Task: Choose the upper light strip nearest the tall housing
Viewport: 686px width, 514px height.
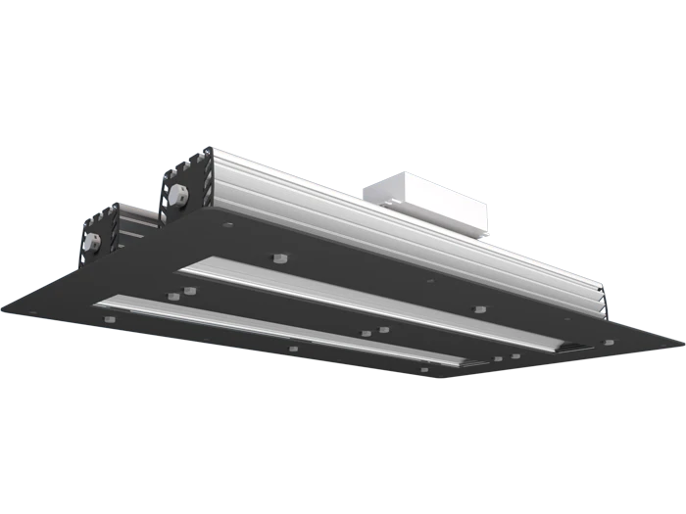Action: pos(363,303)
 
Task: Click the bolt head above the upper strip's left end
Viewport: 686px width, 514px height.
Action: pos(276,258)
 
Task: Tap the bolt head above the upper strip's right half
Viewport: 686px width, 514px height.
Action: pos(477,309)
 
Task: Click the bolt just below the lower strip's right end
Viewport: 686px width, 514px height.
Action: pos(424,368)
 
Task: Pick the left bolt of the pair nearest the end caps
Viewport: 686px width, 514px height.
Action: pos(171,293)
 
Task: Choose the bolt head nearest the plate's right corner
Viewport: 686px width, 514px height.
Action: pos(608,340)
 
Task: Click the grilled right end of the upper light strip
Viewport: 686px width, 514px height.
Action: pos(568,346)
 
